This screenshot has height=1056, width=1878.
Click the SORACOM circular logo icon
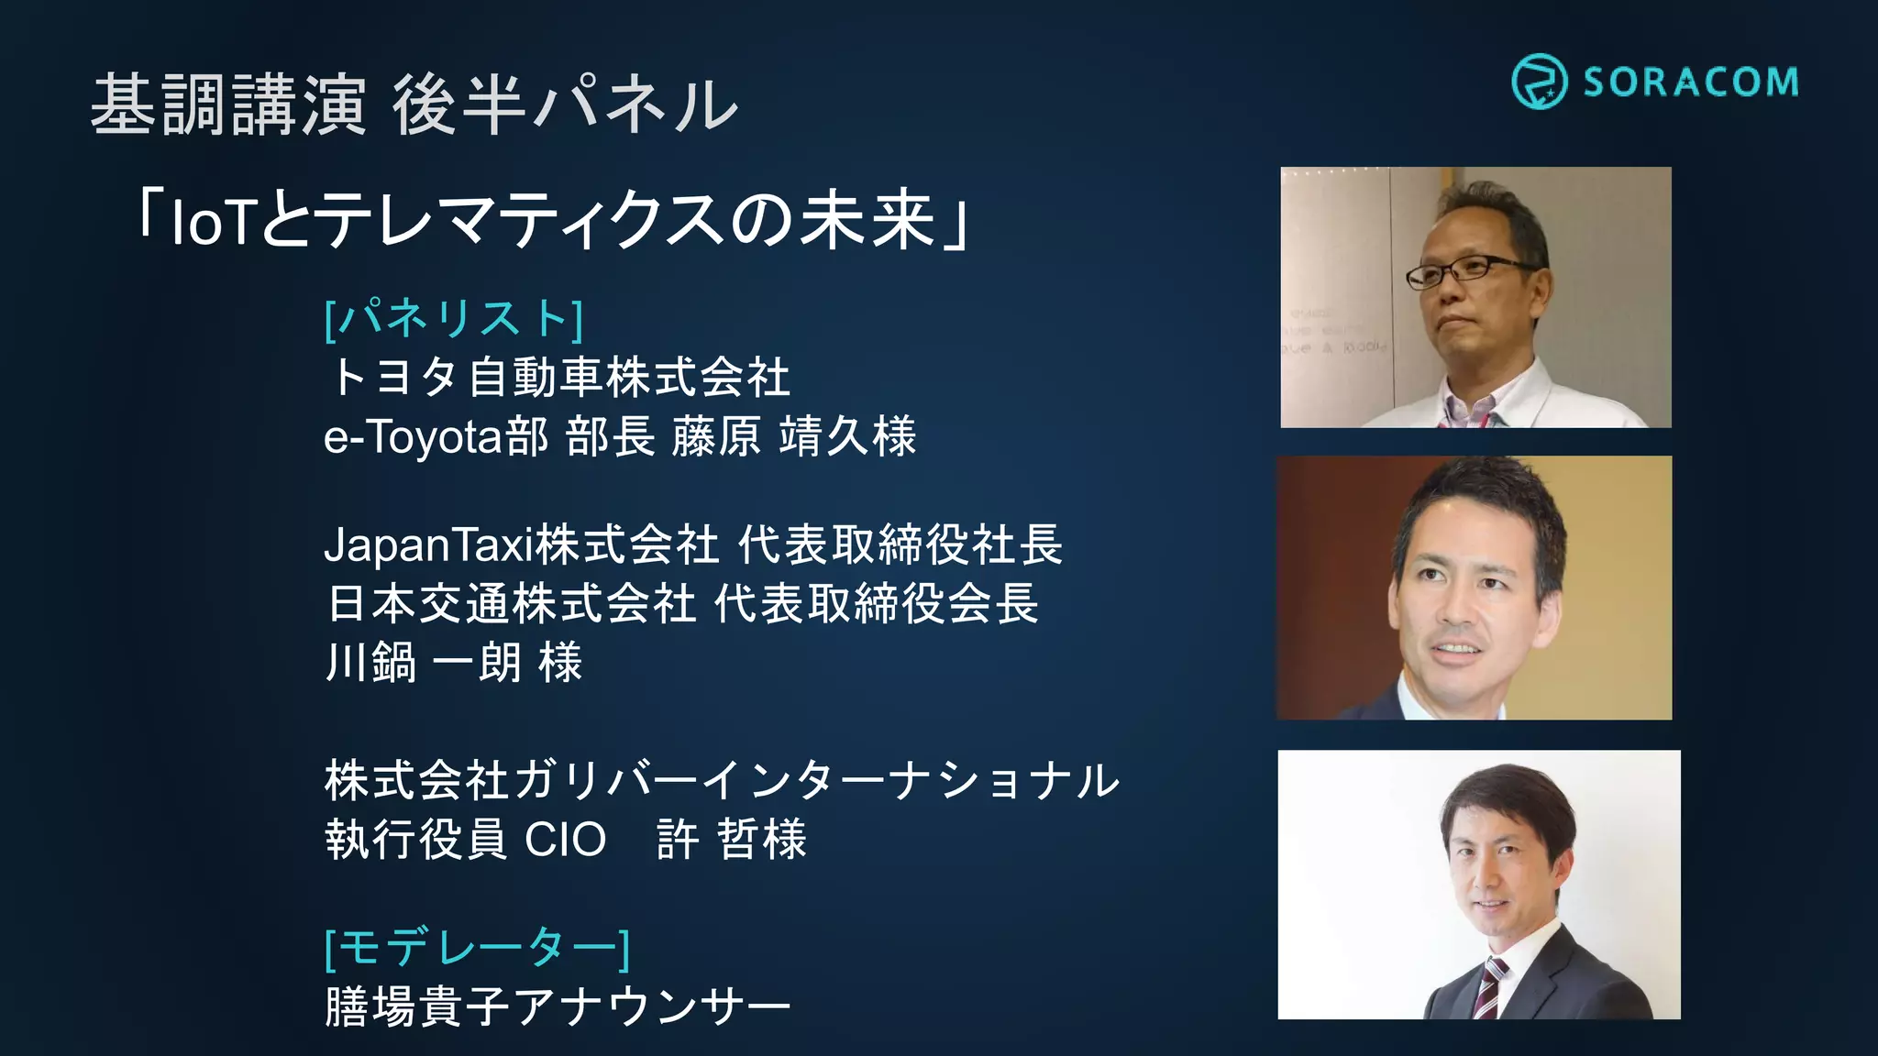point(1539,82)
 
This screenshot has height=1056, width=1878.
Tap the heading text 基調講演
point(228,105)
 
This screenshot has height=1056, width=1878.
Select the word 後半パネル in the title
point(564,105)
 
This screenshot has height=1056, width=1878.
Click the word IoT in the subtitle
point(211,223)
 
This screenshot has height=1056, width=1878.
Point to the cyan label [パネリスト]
point(454,319)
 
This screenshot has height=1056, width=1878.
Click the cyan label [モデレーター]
point(477,947)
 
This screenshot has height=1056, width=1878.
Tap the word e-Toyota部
point(436,437)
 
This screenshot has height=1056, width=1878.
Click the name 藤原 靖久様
point(793,437)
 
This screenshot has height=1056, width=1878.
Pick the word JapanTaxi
point(427,545)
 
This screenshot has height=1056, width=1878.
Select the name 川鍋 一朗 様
point(454,663)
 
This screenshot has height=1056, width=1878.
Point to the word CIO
point(565,840)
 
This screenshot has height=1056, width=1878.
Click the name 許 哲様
point(731,840)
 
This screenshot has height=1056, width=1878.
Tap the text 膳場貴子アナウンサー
point(557,1006)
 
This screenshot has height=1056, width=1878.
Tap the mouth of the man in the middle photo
point(1456,649)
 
